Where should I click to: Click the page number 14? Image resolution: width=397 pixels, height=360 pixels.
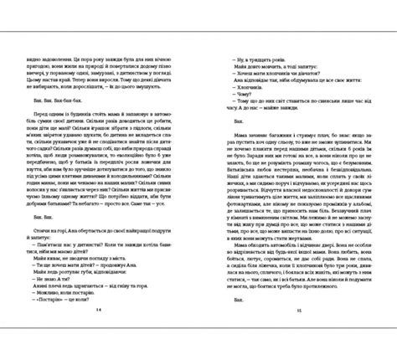point(98,333)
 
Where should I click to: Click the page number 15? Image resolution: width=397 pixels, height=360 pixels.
point(297,333)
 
